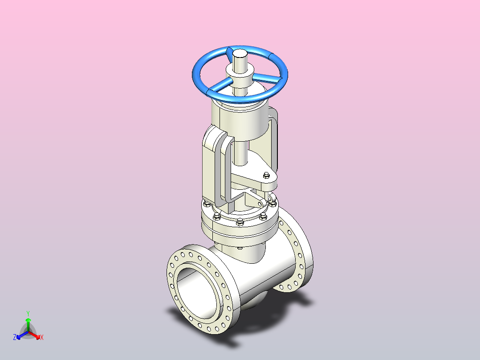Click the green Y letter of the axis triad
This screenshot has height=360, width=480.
click(x=28, y=313)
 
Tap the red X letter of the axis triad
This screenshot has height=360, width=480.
click(x=42, y=337)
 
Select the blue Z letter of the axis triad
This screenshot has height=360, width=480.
click(x=14, y=337)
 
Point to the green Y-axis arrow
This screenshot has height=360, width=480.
click(x=28, y=324)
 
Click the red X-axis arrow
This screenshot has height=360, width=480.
click(x=34, y=335)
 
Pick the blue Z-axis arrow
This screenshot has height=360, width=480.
click(x=22, y=335)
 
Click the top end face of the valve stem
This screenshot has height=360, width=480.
click(x=240, y=53)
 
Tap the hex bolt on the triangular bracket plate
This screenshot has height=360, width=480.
click(x=266, y=175)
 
